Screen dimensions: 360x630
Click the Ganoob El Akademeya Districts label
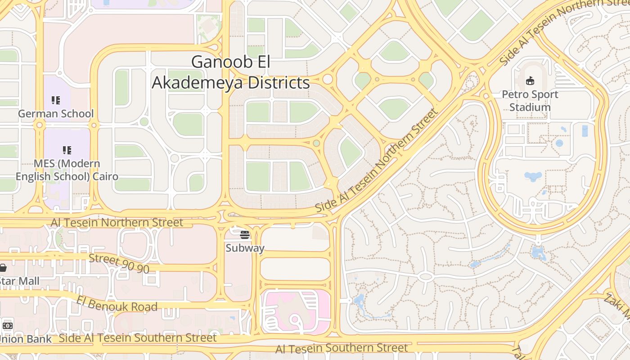pos(231,72)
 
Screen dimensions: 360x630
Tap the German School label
pos(56,114)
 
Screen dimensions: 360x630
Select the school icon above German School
pos(56,100)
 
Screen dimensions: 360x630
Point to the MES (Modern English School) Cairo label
pos(67,170)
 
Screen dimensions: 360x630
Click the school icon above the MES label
pos(67,150)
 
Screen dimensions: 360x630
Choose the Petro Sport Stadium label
pos(530,101)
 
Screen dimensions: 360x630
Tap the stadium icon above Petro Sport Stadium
pos(531,81)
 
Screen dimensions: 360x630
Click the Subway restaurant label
pos(245,248)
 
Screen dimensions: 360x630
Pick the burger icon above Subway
pos(245,234)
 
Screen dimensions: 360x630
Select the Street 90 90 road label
pos(119,263)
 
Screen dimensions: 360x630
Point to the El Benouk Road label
pos(117,304)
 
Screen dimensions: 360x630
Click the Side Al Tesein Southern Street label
pos(138,338)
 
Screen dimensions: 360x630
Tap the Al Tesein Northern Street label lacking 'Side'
pos(117,222)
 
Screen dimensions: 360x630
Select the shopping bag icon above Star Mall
pos(3,268)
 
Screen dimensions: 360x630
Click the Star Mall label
pos(19,281)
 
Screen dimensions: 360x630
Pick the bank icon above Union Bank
pos(7,325)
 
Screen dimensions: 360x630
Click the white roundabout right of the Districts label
pos(328,79)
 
